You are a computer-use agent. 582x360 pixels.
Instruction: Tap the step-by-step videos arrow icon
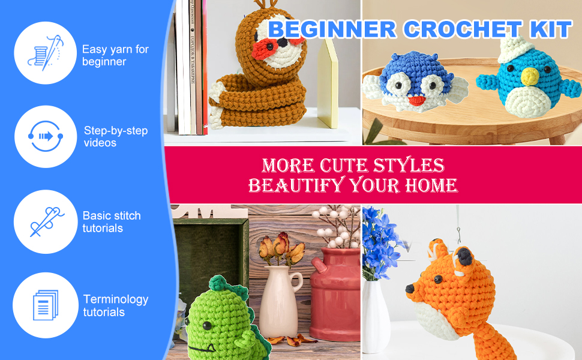point(45,136)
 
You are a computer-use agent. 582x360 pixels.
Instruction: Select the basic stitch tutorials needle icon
point(45,221)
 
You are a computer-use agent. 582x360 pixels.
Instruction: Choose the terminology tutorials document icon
point(45,304)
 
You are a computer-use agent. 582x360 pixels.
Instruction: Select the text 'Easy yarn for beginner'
point(115,55)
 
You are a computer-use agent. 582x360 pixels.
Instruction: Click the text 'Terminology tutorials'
point(115,305)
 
